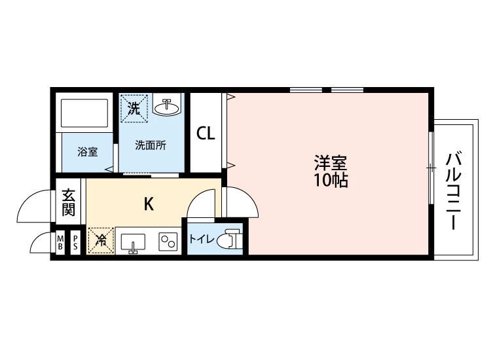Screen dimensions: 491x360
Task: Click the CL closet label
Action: pyautogui.click(x=206, y=134)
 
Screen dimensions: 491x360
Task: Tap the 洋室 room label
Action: pyautogui.click(x=331, y=162)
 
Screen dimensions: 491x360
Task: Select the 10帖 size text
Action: pyautogui.click(x=331, y=180)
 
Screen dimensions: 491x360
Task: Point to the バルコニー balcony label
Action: pyautogui.click(x=454, y=190)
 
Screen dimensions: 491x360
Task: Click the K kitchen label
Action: pyautogui.click(x=149, y=204)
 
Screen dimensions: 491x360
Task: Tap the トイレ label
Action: pyautogui.click(x=202, y=240)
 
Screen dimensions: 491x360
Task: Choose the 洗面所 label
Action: pyautogui.click(x=151, y=145)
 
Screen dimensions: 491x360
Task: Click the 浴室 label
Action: pyautogui.click(x=88, y=152)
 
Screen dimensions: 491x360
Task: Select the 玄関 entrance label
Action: pyautogui.click(x=68, y=202)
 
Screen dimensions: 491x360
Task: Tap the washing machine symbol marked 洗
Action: pyautogui.click(x=134, y=108)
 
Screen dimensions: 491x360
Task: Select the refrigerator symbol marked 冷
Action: pyautogui.click(x=101, y=240)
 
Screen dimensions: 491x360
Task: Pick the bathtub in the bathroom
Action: pyautogui.click(x=84, y=113)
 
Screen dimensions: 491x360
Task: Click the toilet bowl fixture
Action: pyautogui.click(x=232, y=239)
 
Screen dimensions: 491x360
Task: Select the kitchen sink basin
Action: pyautogui.click(x=133, y=242)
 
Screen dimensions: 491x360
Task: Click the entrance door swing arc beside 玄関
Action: pyautogui.click(x=28, y=202)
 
